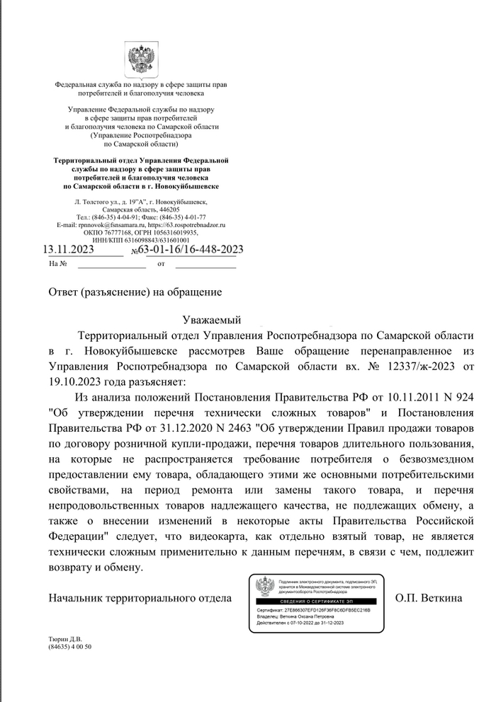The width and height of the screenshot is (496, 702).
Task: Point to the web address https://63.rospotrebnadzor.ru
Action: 189,224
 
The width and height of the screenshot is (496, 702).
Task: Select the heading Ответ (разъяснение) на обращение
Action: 135,292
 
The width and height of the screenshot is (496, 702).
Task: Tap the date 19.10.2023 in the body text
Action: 73,382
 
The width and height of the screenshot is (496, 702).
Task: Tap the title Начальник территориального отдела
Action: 140,598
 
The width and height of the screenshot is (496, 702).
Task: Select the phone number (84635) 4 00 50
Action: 70,647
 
